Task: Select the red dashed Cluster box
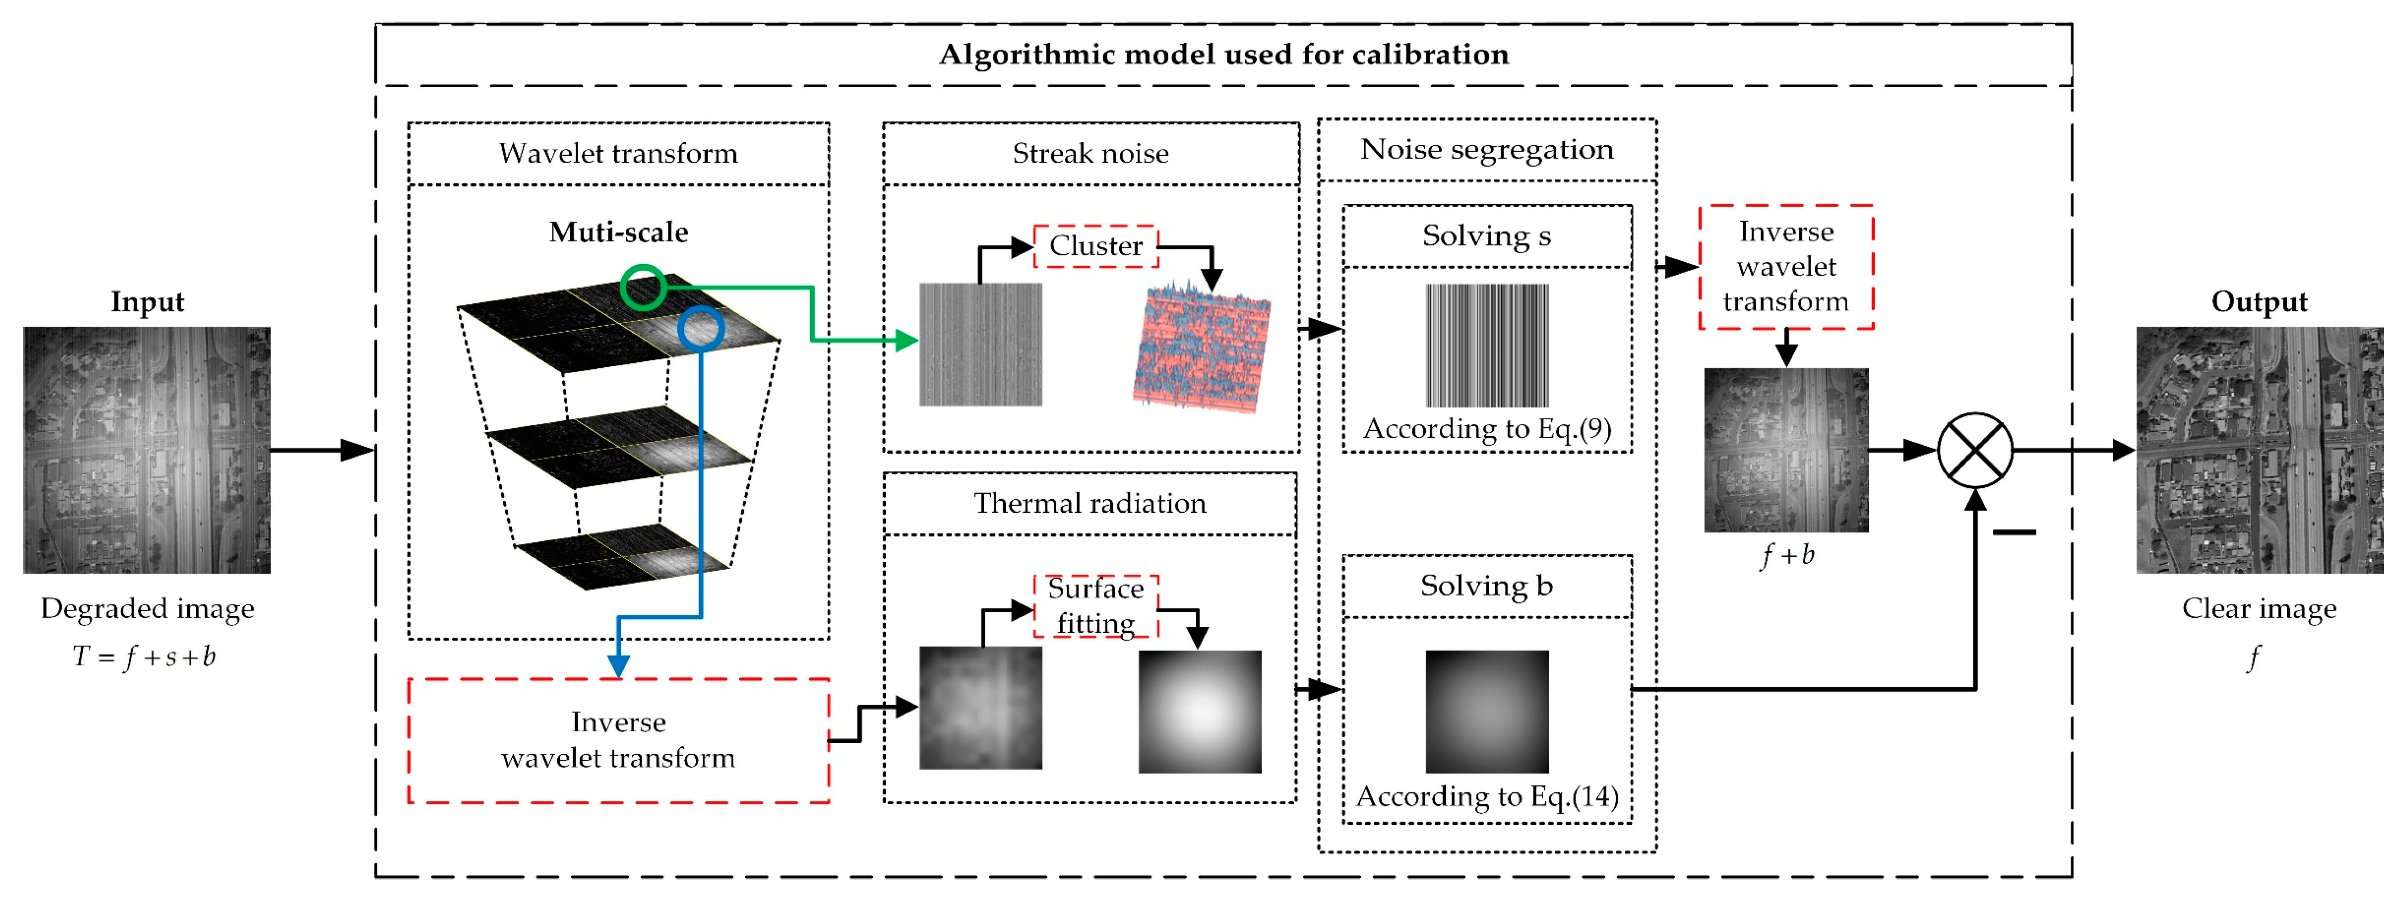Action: pyautogui.click(x=1096, y=246)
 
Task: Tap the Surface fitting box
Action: pyautogui.click(x=1096, y=606)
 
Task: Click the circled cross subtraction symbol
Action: pyautogui.click(x=1975, y=451)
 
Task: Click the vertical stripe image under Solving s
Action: pyautogui.click(x=1487, y=345)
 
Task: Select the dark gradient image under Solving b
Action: pyautogui.click(x=1487, y=712)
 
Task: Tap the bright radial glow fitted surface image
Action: pyautogui.click(x=1200, y=712)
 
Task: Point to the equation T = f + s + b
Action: pyautogui.click(x=144, y=657)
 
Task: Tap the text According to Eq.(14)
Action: pyautogui.click(x=1487, y=797)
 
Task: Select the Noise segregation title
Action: pyautogui.click(x=1487, y=149)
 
